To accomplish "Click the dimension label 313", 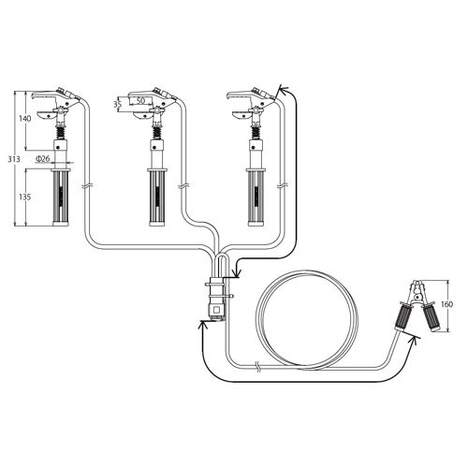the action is [14, 159].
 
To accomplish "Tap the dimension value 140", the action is [25, 119].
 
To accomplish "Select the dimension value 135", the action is [25, 197].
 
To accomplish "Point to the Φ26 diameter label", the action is [43, 158].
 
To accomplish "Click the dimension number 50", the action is [140, 101].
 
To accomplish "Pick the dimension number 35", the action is [117, 104].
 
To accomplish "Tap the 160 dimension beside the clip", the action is [446, 304].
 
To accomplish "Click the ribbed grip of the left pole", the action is [61, 197].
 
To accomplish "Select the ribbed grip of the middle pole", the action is [157, 197].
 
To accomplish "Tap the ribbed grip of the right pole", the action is [256, 197].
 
